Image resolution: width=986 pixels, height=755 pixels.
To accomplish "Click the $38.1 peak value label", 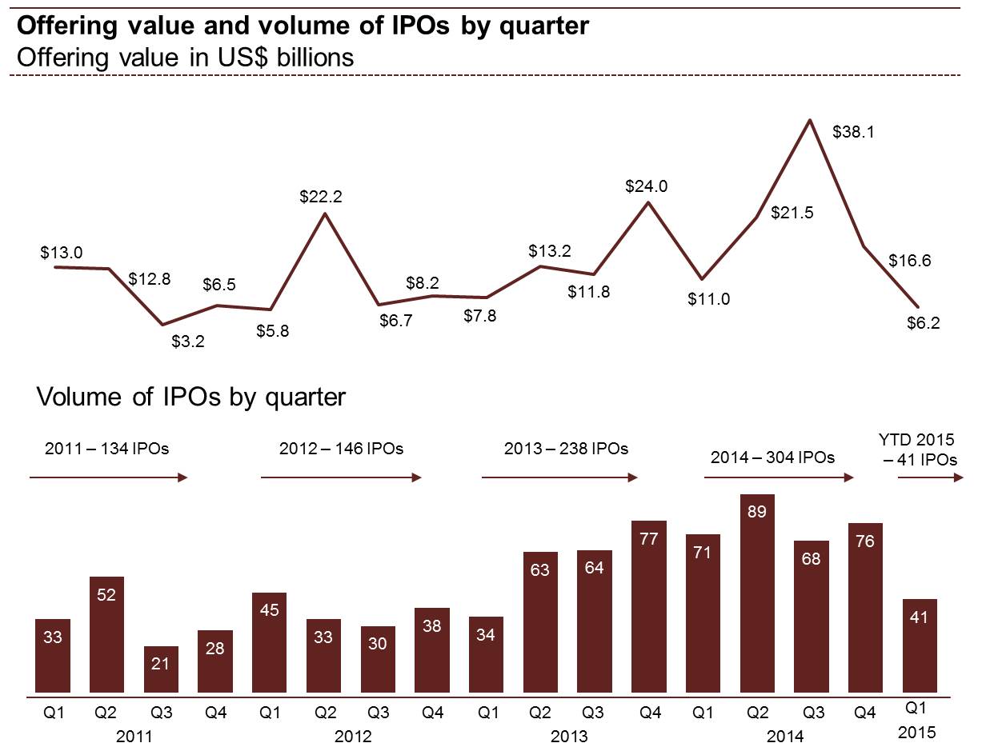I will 853,132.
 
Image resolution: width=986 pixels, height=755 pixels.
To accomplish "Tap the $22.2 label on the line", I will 322,197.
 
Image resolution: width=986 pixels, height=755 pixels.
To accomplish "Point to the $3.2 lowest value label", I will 188,342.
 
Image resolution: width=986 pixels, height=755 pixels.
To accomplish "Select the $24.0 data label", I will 647,187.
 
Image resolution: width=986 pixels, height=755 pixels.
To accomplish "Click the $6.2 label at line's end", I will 924,324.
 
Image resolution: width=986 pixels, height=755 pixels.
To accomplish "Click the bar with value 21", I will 161,670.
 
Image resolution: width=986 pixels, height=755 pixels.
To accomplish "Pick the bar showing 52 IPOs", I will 106,635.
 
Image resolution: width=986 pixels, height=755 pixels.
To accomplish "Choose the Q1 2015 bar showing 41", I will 920,646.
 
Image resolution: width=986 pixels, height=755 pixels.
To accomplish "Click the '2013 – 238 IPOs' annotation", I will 566,449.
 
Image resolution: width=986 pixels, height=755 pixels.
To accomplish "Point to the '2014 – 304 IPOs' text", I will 772,457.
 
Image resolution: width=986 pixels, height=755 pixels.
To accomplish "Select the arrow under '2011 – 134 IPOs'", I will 108,478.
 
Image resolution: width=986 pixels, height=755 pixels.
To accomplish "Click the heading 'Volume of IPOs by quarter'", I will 191,397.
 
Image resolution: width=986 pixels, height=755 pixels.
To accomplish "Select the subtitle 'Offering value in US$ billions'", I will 185,58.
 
